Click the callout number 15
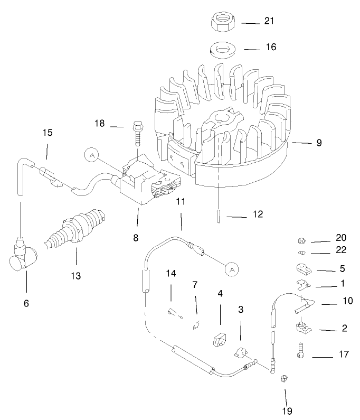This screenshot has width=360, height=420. click(48, 132)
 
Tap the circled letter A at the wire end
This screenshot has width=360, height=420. click(231, 269)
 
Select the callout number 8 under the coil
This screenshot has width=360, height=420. click(136, 238)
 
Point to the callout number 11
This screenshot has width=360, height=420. click(181, 202)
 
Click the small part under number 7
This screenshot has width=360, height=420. click(196, 323)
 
